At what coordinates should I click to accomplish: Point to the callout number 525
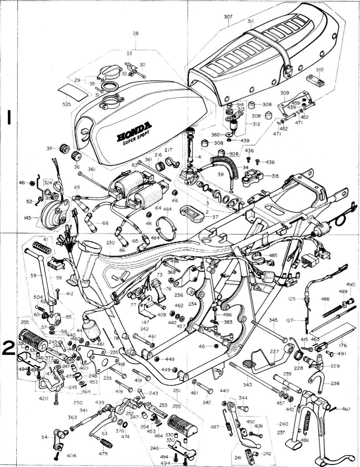tap(66, 104)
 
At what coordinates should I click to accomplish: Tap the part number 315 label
tap(275, 176)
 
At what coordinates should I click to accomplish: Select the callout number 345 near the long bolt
tap(273, 320)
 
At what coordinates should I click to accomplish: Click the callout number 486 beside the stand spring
tap(305, 440)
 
